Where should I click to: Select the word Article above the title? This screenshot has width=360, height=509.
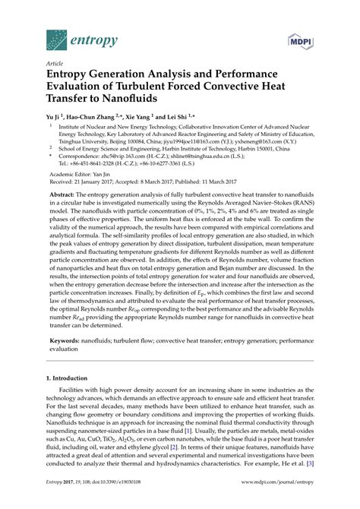coord(54,66)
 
